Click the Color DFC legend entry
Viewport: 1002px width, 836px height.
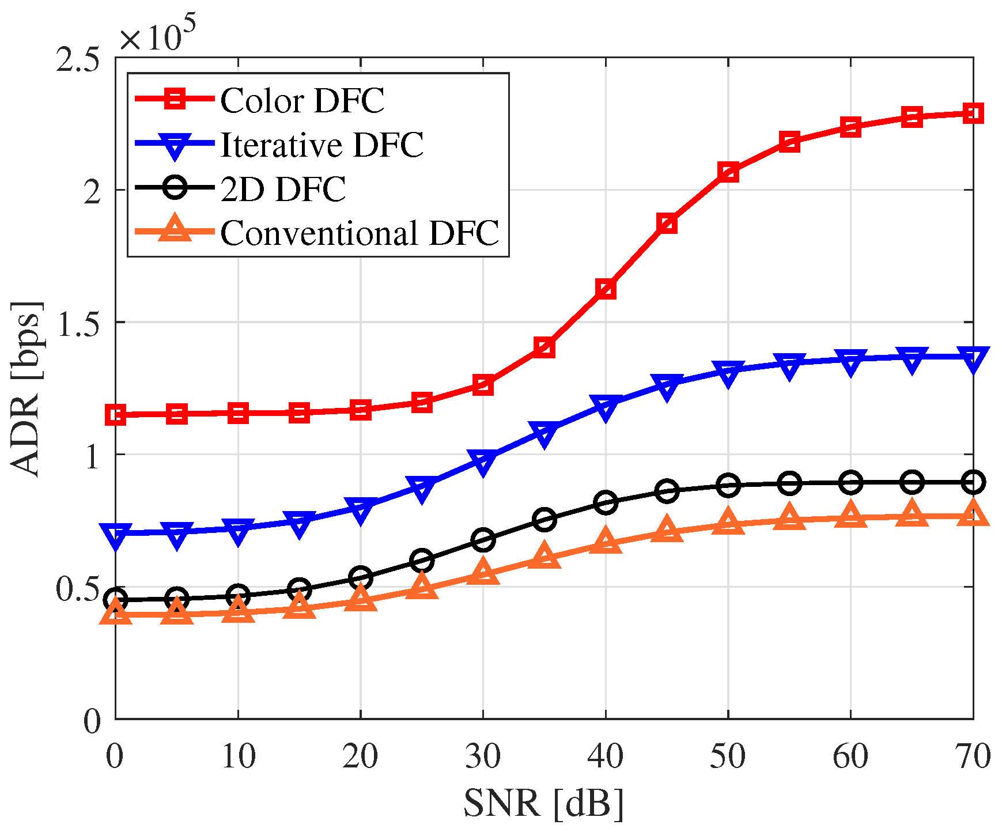302,101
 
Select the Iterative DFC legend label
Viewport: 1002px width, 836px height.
322,145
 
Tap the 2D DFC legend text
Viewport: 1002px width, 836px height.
282,189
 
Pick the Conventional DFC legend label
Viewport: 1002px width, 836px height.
359,233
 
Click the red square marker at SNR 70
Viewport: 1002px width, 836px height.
973,113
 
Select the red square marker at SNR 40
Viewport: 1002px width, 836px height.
606,289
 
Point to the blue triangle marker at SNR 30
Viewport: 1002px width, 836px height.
483,461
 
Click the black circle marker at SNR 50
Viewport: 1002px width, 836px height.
728,486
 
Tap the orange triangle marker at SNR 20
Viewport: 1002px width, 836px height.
361,599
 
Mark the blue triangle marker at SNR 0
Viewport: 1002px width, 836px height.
116,535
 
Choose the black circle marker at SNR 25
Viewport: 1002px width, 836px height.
422,560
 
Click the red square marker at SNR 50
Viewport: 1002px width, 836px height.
728,172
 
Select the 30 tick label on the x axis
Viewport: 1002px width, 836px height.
483,756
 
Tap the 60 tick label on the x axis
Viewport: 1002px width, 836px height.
850,756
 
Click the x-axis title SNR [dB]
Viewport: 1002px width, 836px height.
544,804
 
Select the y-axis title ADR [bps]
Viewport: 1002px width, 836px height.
26,389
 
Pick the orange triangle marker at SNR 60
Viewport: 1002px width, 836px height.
850,514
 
